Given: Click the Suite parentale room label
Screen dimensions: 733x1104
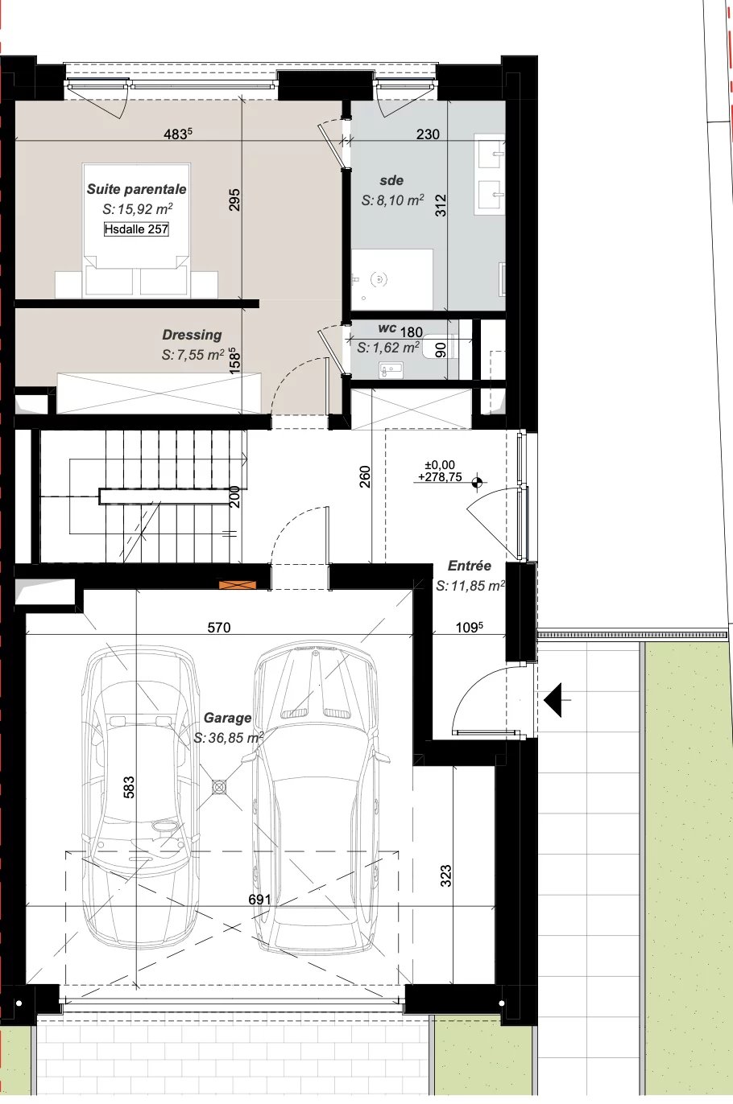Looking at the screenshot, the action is [x=137, y=189].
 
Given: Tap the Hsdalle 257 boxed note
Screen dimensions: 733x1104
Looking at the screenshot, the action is [x=136, y=229].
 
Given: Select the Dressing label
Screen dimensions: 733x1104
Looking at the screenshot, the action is [x=192, y=335].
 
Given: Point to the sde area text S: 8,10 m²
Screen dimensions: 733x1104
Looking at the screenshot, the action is [x=392, y=200].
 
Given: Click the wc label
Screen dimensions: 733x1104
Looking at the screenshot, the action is [x=387, y=328].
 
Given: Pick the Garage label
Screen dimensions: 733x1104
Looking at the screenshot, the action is [x=227, y=718].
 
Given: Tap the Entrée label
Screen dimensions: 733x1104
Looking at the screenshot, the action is [x=469, y=566].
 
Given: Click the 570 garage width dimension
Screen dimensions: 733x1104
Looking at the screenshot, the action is [x=219, y=628].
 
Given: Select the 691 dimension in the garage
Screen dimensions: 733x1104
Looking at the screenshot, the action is [x=259, y=900].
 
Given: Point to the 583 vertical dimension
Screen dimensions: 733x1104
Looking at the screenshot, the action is [x=128, y=787].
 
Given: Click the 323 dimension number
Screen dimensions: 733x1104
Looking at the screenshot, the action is [x=446, y=875].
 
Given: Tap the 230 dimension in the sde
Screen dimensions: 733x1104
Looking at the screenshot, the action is [x=428, y=134].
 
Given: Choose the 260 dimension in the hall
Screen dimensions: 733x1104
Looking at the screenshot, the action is [x=365, y=476].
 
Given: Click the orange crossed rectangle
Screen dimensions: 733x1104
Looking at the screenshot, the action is [x=238, y=585].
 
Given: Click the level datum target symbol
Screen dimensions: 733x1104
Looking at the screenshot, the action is [x=477, y=483].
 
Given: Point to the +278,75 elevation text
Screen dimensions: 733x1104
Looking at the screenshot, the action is [x=440, y=476].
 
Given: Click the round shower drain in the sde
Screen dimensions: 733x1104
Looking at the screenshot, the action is [x=379, y=279].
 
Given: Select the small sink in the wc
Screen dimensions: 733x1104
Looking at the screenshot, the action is [x=391, y=369].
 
